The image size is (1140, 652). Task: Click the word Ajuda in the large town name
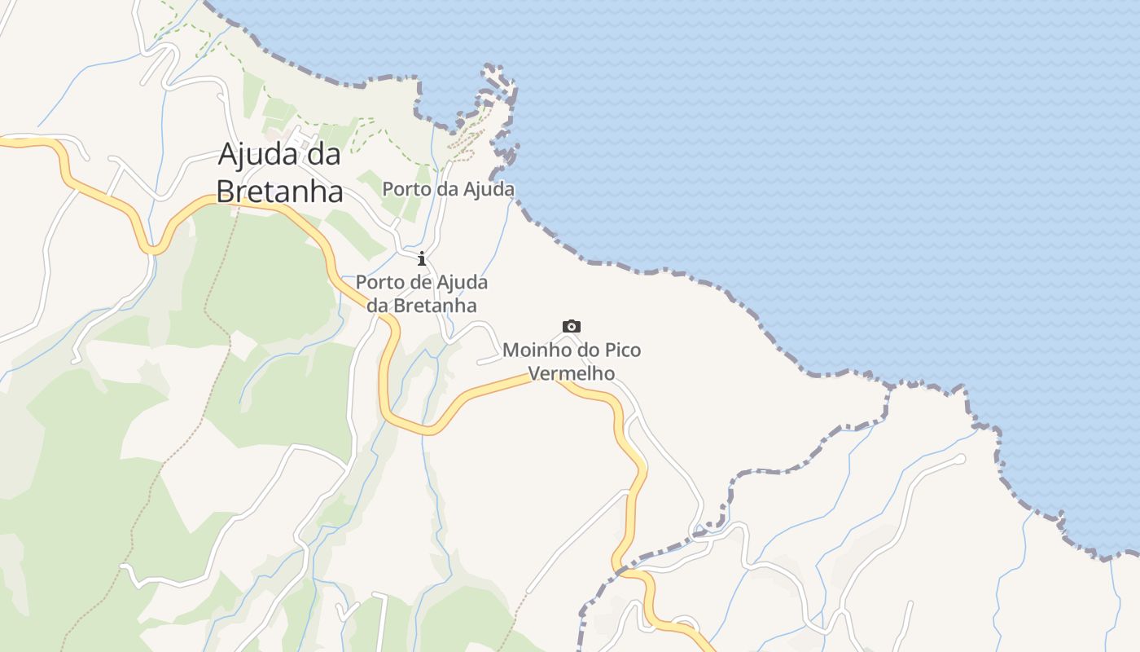tap(260, 154)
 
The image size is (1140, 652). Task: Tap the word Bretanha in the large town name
tap(279, 192)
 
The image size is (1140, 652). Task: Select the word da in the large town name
tap(325, 154)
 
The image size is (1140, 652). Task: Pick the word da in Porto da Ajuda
tap(447, 190)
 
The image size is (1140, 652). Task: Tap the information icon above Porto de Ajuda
tap(422, 259)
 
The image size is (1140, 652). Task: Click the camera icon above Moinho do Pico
tap(572, 326)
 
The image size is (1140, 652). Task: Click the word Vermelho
tap(572, 374)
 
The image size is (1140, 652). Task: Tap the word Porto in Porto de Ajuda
tap(379, 283)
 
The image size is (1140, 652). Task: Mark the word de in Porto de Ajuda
tap(421, 283)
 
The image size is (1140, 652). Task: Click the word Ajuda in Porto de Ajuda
tap(463, 283)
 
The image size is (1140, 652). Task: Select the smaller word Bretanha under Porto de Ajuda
tap(436, 306)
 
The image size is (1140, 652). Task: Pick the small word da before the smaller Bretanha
tap(378, 306)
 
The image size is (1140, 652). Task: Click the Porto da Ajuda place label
tap(448, 190)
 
